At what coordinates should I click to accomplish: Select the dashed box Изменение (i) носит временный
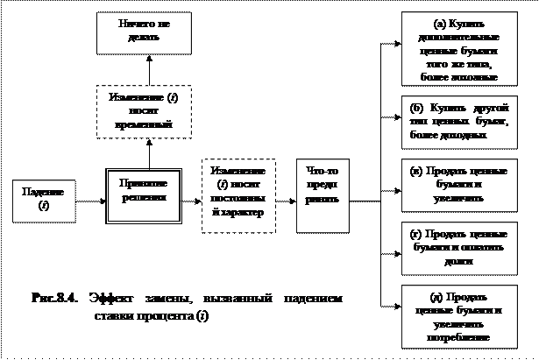[145, 110]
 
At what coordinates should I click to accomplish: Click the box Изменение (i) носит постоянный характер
[238, 196]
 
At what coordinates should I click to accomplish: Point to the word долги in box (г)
[457, 259]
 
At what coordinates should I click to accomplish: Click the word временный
[145, 125]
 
